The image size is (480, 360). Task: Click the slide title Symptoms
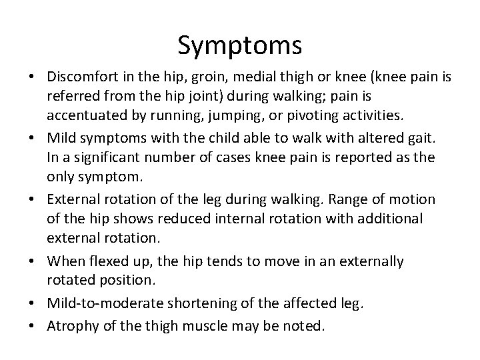coord(240,45)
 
